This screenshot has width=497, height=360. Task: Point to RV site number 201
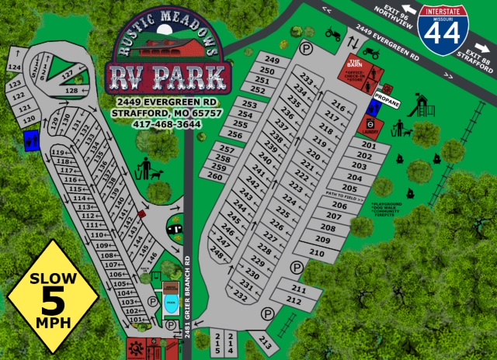coord(369,145)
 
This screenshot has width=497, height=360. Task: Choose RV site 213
coord(264,339)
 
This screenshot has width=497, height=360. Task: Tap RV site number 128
coord(71,91)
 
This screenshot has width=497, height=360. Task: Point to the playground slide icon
coord(422,103)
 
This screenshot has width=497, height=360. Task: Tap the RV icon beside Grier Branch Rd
coord(176,228)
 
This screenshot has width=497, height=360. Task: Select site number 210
coord(316,253)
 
